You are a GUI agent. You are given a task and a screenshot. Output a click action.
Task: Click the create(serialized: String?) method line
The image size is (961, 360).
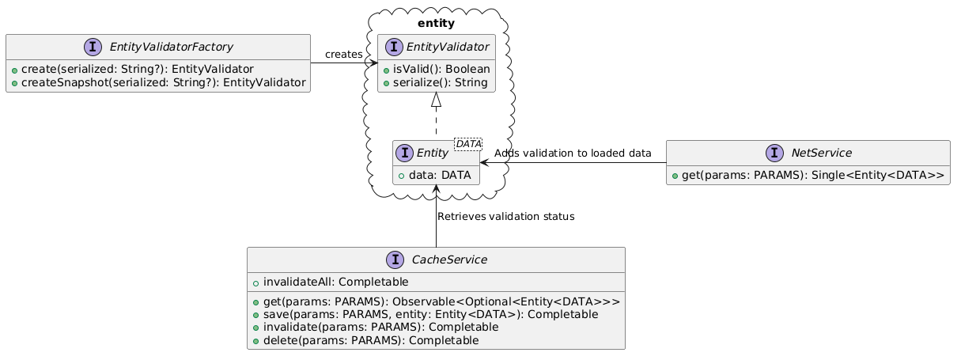click(x=132, y=69)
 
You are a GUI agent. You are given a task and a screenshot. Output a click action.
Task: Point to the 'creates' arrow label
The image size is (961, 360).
click(x=343, y=54)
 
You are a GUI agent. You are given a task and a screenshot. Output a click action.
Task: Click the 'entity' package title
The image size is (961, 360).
click(x=437, y=22)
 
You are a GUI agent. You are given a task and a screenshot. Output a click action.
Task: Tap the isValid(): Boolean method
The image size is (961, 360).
click(x=436, y=69)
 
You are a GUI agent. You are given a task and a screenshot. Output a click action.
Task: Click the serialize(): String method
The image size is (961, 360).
click(x=435, y=82)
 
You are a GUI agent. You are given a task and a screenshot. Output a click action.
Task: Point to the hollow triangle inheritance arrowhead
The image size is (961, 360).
click(x=437, y=100)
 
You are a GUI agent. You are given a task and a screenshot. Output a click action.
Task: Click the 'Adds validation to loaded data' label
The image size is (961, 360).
click(x=573, y=153)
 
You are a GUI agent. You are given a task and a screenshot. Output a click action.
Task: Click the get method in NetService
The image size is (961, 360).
click(x=808, y=175)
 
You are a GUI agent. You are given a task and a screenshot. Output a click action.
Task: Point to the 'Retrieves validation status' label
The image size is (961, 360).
click(x=505, y=216)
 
